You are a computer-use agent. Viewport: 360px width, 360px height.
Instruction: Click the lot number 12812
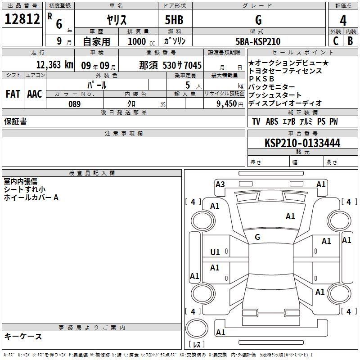pos(22,19)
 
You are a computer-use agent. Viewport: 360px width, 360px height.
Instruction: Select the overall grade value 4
pos(343,21)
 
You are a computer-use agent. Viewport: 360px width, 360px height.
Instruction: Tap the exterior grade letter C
pos(336,41)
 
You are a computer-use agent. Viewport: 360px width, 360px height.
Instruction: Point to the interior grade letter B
pos(350,41)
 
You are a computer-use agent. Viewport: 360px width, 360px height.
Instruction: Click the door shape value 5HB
pos(174,20)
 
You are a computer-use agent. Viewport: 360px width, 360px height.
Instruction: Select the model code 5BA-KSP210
pos(258,41)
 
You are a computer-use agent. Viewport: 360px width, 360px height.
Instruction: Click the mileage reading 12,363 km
pos(55,65)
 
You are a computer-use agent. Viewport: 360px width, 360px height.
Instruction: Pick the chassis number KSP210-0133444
pos(302,143)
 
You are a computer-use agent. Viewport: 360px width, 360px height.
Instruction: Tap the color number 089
pos(75,104)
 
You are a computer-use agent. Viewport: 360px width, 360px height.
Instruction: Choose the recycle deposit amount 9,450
pos(227,104)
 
